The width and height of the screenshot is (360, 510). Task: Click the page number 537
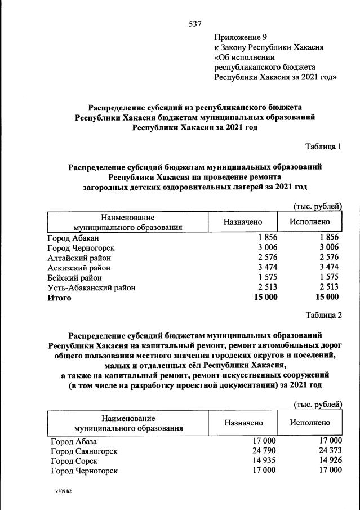click(x=194, y=24)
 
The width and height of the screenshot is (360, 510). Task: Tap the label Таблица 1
click(x=323, y=147)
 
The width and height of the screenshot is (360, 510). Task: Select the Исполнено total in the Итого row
click(x=327, y=298)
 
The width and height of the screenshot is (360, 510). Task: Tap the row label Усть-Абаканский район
click(x=91, y=287)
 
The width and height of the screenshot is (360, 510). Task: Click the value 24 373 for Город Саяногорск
click(x=328, y=450)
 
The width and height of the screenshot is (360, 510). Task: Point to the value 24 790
click(x=266, y=450)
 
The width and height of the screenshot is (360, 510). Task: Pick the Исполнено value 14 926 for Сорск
click(x=328, y=460)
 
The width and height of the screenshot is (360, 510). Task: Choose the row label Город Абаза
click(x=73, y=440)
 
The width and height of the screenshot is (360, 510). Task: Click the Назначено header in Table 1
click(x=242, y=221)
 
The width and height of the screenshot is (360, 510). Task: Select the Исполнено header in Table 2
click(x=310, y=423)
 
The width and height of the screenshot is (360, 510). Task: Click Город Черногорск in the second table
click(x=83, y=471)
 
